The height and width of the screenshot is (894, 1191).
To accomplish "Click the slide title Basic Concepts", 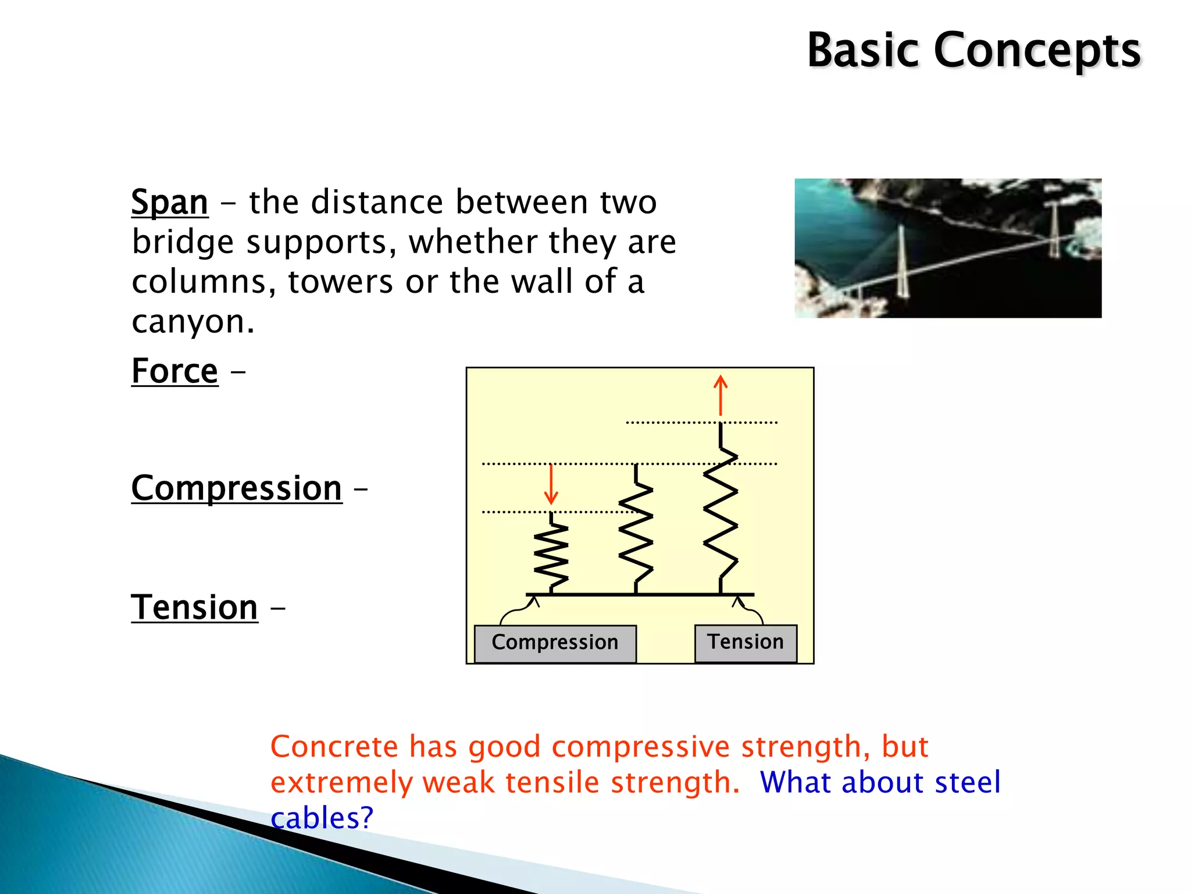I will [x=974, y=51].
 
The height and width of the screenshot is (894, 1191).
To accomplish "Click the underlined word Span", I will [x=169, y=203].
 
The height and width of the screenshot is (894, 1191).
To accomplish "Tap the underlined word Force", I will [x=174, y=371].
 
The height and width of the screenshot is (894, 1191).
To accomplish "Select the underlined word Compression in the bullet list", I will [x=236, y=488].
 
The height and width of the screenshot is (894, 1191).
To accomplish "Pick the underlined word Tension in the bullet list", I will [x=194, y=608].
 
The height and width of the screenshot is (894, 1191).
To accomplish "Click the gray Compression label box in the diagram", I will [x=555, y=643].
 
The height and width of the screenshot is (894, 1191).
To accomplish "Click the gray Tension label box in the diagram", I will [x=745, y=643].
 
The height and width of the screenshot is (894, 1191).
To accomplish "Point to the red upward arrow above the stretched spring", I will [x=721, y=395].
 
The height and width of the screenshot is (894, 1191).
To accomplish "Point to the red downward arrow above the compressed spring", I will [x=551, y=484].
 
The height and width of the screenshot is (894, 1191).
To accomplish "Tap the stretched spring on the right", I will [x=721, y=512].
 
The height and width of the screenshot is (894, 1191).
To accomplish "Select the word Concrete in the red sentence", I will [x=334, y=747].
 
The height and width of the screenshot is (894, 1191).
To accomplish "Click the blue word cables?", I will [x=321, y=818].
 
